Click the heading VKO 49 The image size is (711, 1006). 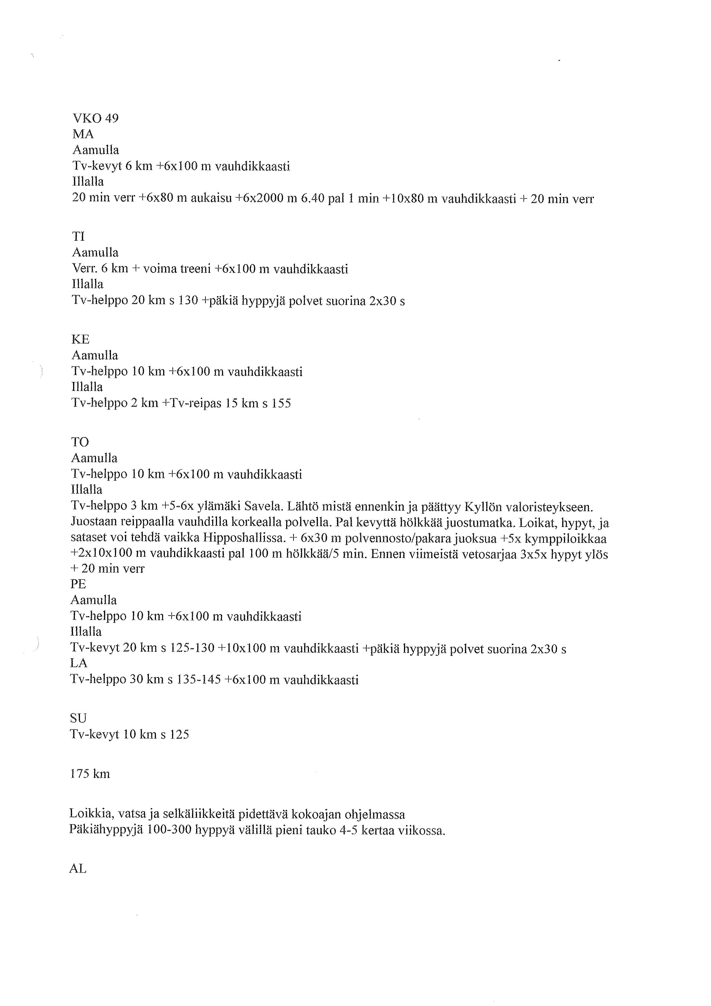95,118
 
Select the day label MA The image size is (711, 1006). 83,134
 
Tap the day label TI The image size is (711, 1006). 78,237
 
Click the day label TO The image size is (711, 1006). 80,442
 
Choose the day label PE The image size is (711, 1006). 78,584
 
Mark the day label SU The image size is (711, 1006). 78,718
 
